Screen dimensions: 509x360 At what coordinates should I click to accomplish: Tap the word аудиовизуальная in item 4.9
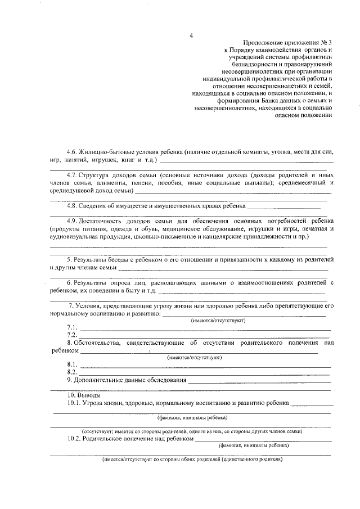coord(76,237)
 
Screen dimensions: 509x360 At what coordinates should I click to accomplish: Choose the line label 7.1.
coord(71,327)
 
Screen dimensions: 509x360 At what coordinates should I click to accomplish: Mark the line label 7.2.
coord(71,335)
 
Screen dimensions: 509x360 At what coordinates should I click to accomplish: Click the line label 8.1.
coord(71,364)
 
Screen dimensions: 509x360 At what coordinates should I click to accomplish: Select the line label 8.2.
coord(71,372)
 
